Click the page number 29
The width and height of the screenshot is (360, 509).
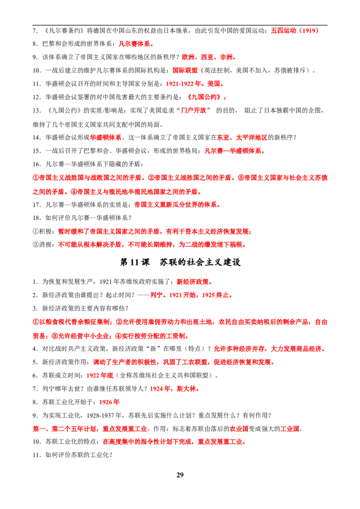[180, 475]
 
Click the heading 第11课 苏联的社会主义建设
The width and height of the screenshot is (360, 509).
[180, 262]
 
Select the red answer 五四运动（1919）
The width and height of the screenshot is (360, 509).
[295, 31]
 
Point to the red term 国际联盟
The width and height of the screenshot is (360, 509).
[185, 71]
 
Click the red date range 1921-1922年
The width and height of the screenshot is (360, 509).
[184, 84]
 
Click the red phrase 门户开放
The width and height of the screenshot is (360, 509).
[193, 110]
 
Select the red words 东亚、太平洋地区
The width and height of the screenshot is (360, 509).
[243, 138]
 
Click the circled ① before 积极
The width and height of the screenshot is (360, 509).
[36, 232]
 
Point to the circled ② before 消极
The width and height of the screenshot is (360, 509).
[36, 245]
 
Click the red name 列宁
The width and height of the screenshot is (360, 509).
[156, 295]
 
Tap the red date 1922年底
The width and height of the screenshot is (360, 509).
[100, 375]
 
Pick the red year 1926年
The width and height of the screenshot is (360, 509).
[109, 402]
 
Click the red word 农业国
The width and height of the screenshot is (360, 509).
[239, 429]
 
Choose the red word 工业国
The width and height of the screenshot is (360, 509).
[290, 429]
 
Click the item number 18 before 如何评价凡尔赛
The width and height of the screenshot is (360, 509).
[36, 218]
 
